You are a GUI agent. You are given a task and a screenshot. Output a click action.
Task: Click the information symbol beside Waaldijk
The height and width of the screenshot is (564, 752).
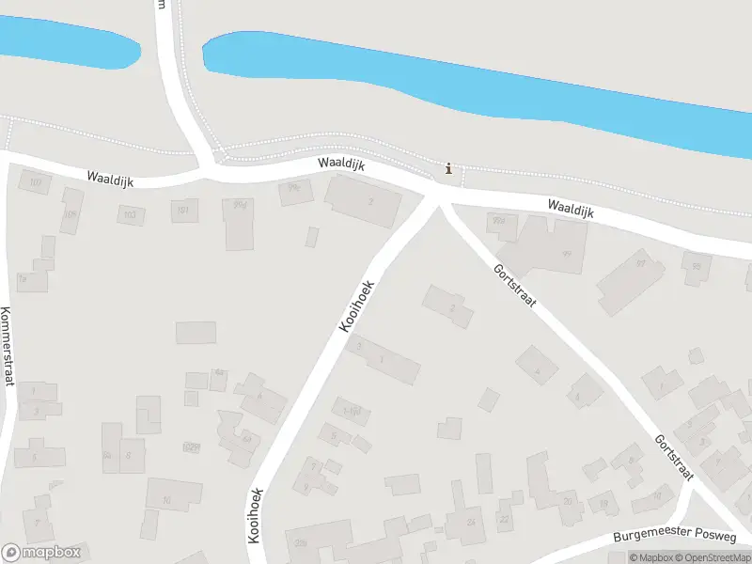click(448, 169)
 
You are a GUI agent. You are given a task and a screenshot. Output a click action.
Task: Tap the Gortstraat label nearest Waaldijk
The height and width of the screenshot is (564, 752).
click(514, 286)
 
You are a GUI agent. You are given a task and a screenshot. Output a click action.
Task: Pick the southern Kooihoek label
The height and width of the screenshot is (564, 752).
click(254, 515)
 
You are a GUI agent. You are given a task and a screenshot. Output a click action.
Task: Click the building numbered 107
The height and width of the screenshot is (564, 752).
click(36, 183)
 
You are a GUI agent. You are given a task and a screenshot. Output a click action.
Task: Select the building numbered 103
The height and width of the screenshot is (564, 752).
click(131, 215)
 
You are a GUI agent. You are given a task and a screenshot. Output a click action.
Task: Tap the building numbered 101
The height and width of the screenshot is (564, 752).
click(184, 210)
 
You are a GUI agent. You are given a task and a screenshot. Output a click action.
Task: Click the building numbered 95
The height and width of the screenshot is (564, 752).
click(697, 267)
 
